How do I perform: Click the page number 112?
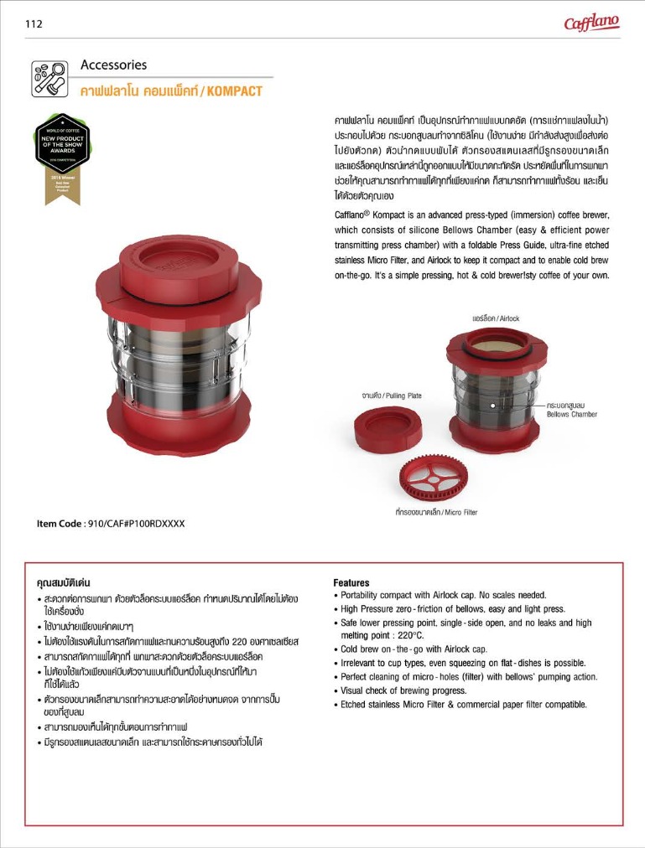click(34, 23)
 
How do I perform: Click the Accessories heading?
click(113, 65)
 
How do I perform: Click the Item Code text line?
click(110, 524)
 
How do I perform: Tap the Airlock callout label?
click(496, 318)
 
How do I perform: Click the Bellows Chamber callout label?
click(571, 410)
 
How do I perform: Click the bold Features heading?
click(351, 582)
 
